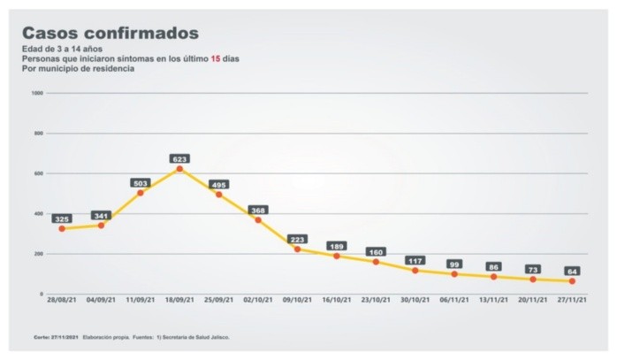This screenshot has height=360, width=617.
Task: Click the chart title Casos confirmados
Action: click(110, 34)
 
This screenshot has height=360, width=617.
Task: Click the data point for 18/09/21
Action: click(179, 168)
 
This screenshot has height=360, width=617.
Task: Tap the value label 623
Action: click(179, 159)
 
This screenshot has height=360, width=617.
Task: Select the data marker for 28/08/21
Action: click(62, 228)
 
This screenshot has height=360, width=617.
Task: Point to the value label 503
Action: click(141, 183)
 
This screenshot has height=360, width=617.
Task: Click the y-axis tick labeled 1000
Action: click(37, 93)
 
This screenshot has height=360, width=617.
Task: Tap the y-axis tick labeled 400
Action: click(39, 213)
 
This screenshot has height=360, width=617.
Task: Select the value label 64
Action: click(572, 272)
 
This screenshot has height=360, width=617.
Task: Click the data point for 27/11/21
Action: click(572, 281)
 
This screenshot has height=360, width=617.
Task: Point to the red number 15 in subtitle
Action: click(215, 58)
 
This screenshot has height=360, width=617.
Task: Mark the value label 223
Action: click(297, 240)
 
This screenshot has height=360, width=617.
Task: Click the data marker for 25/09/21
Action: click(218, 194)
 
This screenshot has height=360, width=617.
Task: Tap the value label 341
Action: click(102, 216)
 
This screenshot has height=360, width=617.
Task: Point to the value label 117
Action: click(415, 261)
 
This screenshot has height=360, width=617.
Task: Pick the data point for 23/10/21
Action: click(376, 262)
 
